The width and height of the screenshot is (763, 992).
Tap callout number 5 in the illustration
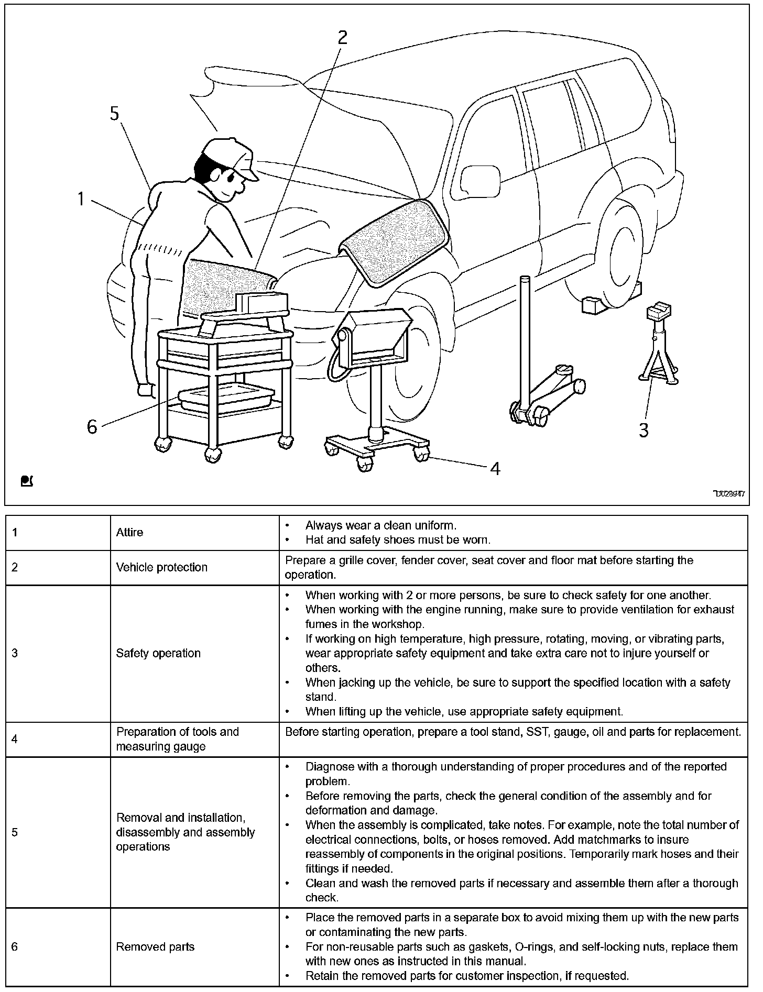[115, 114]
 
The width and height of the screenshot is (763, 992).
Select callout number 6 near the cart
[92, 427]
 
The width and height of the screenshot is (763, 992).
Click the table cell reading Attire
[129, 532]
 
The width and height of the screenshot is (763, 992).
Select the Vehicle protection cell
[162, 567]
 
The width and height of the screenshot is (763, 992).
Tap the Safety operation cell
[158, 653]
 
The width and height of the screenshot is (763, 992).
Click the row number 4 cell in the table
[15, 739]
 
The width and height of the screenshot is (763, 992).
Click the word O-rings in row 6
[542, 946]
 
